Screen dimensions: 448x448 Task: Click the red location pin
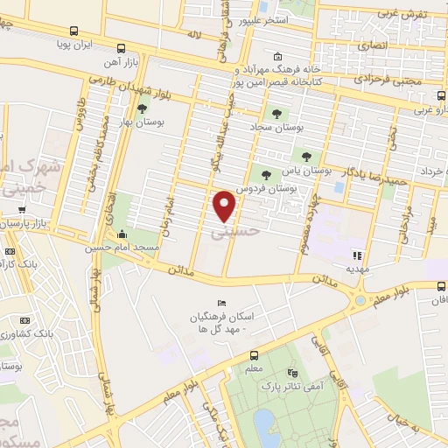[x=226, y=206]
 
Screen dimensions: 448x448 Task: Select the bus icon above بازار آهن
[x=122, y=49]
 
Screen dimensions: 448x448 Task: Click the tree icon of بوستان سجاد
[x=276, y=114]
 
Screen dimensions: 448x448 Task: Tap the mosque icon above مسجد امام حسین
[x=122, y=234]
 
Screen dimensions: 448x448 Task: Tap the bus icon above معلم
[x=253, y=356]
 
